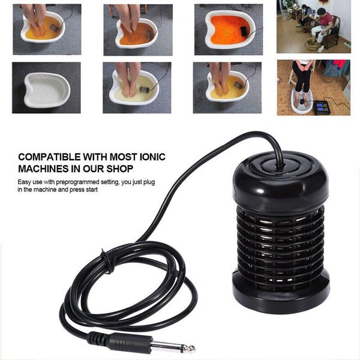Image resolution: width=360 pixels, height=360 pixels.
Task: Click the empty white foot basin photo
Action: [47, 88]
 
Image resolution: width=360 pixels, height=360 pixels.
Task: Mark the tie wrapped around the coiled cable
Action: [107, 262]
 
